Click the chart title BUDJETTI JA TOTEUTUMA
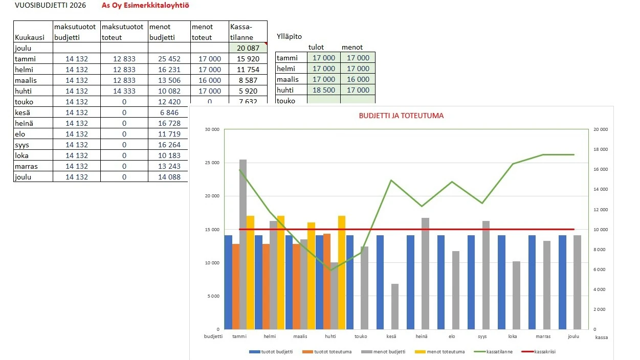coord(401,116)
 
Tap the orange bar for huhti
coord(327,281)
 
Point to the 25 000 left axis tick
coord(212,163)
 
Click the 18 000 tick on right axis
coord(600,149)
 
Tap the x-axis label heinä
coord(422,336)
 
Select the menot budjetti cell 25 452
coord(169,59)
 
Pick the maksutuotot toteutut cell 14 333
coord(124,91)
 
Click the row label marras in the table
coord(27,166)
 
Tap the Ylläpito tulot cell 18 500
coord(324,90)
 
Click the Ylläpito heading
coord(289,36)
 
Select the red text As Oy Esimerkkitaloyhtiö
coord(145,6)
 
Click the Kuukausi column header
coord(30,37)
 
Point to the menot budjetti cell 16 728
coord(169,123)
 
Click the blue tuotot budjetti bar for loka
coord(502,282)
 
